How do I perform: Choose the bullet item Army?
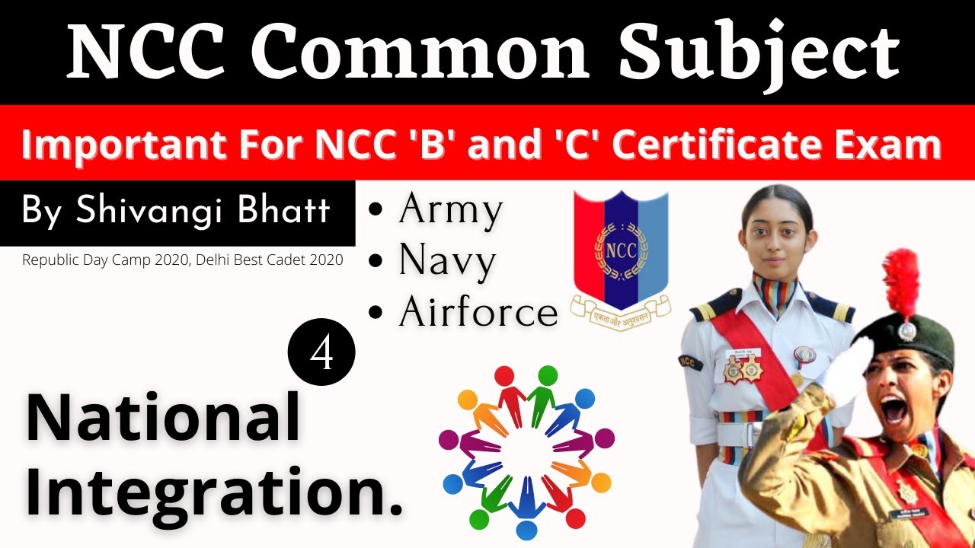tap(449, 210)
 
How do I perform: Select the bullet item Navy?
tap(446, 261)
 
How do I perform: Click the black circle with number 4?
tap(321, 352)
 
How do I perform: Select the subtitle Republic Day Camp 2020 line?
tap(182, 260)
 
